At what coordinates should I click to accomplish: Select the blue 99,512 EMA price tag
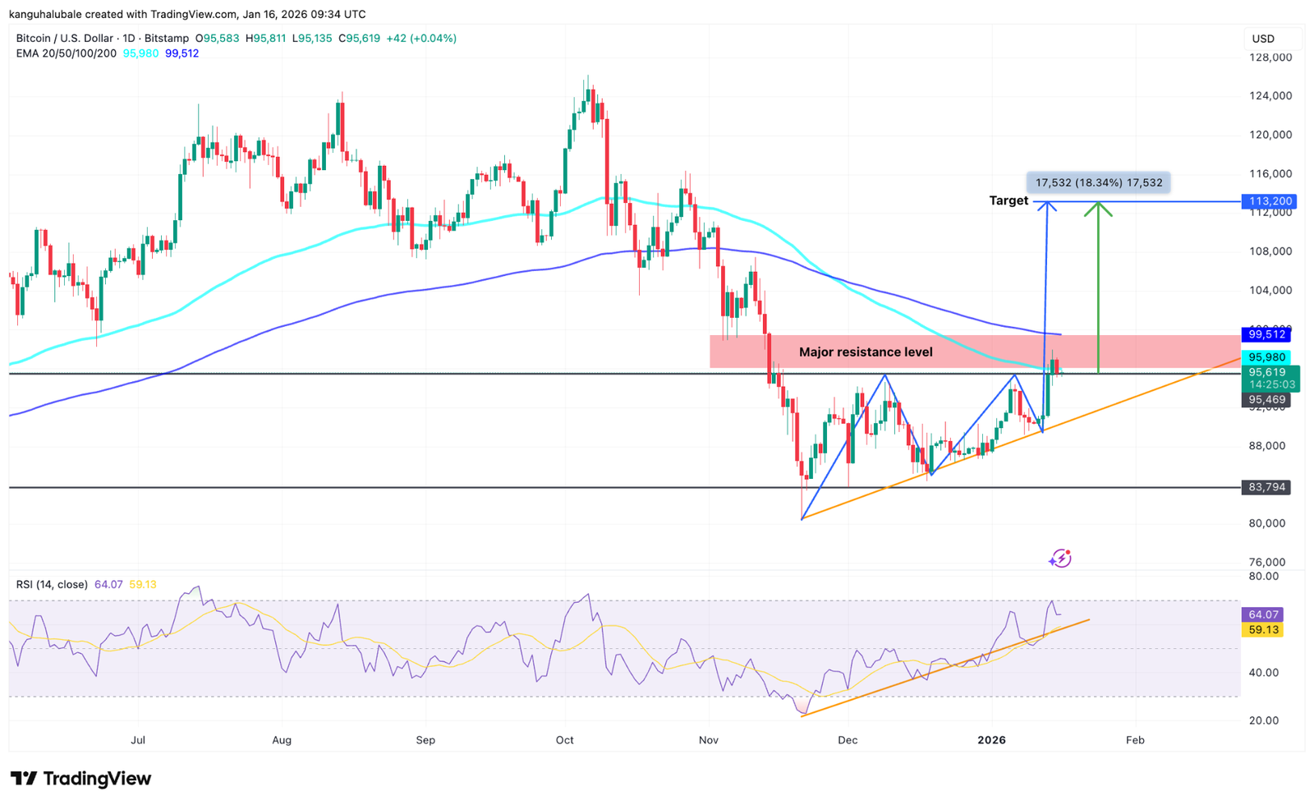(x=1266, y=334)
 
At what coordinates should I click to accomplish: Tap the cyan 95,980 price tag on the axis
(x=1266, y=357)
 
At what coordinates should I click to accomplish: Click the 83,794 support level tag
(x=1266, y=487)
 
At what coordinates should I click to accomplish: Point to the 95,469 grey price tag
(x=1266, y=400)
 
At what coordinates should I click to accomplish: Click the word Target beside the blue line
(x=1008, y=200)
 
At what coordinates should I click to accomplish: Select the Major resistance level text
(x=866, y=352)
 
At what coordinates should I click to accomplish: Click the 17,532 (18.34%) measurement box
(x=1098, y=182)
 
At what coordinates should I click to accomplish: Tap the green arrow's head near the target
(x=1098, y=208)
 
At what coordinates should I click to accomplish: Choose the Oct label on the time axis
(x=565, y=740)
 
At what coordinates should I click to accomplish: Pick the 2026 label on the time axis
(x=991, y=740)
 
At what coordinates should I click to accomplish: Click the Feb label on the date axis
(x=1135, y=740)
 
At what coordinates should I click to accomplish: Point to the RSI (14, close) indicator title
(x=52, y=585)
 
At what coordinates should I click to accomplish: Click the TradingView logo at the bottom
(x=81, y=779)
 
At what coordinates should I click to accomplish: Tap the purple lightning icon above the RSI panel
(x=1060, y=559)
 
